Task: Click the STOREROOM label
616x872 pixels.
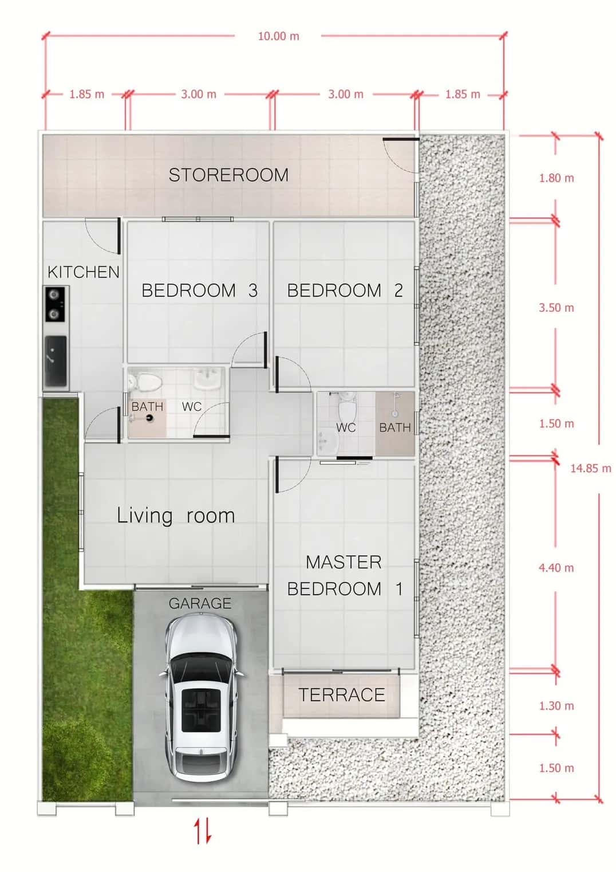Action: (228, 175)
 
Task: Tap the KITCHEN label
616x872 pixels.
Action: (84, 272)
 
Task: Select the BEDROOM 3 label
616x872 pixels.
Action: (199, 290)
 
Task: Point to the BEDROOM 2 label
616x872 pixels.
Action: (345, 290)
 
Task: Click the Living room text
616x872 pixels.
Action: (176, 516)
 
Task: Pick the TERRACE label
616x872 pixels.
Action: (342, 695)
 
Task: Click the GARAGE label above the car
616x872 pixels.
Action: (200, 603)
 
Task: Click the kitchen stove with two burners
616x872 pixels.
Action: (56, 304)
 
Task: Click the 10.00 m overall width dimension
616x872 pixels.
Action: (278, 36)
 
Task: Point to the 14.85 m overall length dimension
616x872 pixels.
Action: (590, 468)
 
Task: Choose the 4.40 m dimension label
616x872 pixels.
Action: (556, 568)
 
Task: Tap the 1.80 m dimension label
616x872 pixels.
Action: (556, 178)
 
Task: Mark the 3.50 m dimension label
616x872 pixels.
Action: (556, 308)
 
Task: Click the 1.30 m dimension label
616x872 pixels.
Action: (556, 706)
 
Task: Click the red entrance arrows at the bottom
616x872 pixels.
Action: (203, 831)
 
